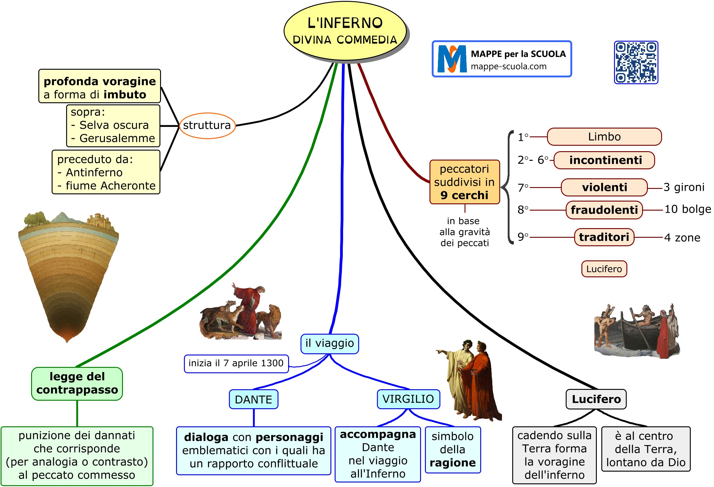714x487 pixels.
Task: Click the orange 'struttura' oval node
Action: (207, 126)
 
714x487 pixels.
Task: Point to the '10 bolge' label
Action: (687, 209)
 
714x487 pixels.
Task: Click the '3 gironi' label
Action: (683, 187)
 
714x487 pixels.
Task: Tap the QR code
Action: (636, 62)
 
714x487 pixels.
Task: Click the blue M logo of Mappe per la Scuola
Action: (452, 59)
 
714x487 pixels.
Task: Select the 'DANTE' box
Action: (253, 399)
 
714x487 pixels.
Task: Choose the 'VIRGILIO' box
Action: (408, 399)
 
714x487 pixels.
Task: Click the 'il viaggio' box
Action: (329, 344)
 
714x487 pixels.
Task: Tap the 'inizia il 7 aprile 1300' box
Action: (236, 364)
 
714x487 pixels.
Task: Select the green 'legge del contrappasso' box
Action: (77, 384)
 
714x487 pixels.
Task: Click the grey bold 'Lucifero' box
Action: (596, 399)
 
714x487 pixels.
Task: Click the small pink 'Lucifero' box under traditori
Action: (604, 269)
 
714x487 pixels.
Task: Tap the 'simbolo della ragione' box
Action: (452, 450)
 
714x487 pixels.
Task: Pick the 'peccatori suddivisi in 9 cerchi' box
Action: (464, 182)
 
